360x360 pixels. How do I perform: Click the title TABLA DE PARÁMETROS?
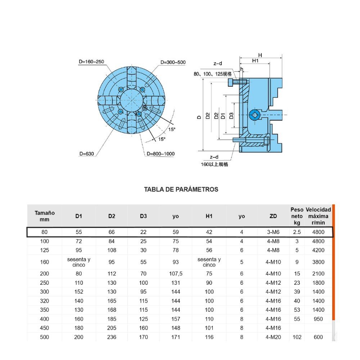pyautogui.click(x=181, y=189)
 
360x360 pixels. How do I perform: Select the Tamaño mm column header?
pyautogui.click(x=45, y=216)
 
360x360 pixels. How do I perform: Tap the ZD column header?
pyautogui.click(x=273, y=216)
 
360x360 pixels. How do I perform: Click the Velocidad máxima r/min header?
pyautogui.click(x=318, y=216)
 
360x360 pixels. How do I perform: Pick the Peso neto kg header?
pyautogui.click(x=297, y=216)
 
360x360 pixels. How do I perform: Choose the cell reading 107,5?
pyautogui.click(x=176, y=274)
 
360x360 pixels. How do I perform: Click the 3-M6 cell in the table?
pyautogui.click(x=273, y=232)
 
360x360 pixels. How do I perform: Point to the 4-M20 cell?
pyautogui.click(x=273, y=337)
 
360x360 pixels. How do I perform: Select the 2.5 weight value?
pyautogui.click(x=297, y=232)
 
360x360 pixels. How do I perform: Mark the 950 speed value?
pyautogui.click(x=318, y=319)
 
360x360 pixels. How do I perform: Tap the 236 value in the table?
pyautogui.click(x=112, y=337)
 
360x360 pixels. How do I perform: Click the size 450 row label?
pyautogui.click(x=45, y=328)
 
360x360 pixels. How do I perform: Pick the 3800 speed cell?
pyautogui.click(x=318, y=262)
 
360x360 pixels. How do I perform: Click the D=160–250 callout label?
pyautogui.click(x=91, y=62)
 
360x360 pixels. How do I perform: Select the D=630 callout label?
pyautogui.click(x=86, y=154)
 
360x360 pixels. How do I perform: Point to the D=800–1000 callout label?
pyautogui.click(x=161, y=154)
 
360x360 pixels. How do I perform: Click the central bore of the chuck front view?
pyautogui.click(x=131, y=100)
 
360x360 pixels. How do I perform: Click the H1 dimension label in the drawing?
pyautogui.click(x=255, y=61)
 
